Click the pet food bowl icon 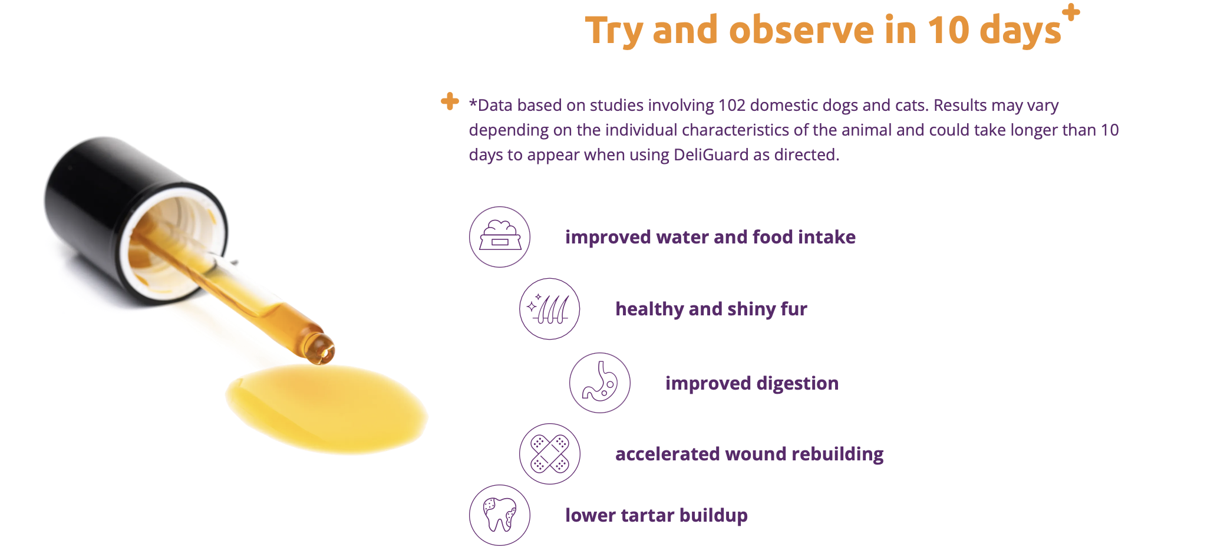(500, 237)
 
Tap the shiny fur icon (550, 309)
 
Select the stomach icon (600, 383)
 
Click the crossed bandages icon (550, 454)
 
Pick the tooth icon (500, 515)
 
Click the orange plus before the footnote (450, 101)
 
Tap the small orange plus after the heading (1071, 12)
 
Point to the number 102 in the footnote (732, 106)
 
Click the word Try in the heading (613, 31)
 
